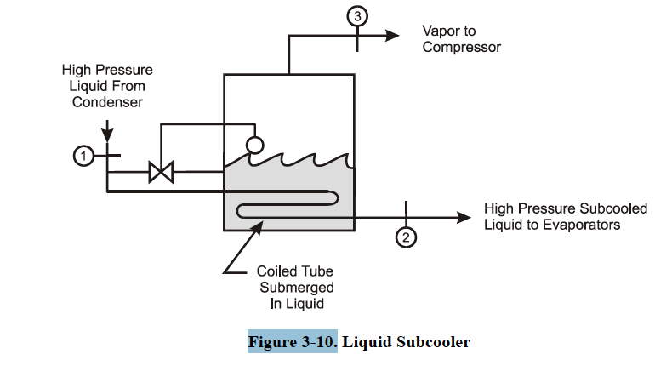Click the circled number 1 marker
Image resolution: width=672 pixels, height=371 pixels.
coord(83,156)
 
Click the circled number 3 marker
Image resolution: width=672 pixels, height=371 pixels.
coord(357,14)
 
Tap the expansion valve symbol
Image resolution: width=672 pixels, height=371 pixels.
coord(160,172)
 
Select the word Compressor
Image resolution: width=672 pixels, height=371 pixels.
coord(461,47)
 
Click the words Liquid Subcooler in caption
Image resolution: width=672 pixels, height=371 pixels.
coord(407,342)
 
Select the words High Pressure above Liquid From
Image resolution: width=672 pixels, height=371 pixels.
coord(107,70)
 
